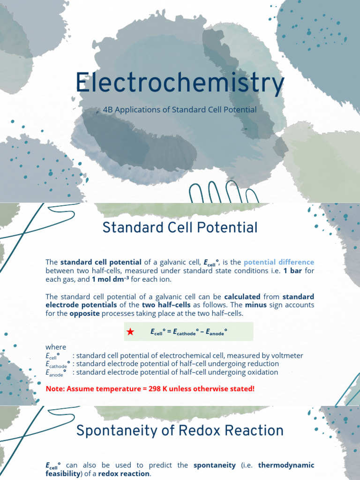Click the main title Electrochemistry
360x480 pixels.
click(x=180, y=83)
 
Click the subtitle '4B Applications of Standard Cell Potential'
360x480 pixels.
click(x=180, y=110)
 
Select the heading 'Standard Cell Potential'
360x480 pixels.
click(x=180, y=228)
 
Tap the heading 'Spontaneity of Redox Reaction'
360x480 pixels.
click(x=180, y=430)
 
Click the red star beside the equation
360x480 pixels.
click(x=130, y=332)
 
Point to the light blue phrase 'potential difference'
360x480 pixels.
click(x=279, y=262)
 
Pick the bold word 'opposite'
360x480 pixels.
click(x=84, y=314)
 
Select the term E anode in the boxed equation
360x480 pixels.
click(x=217, y=332)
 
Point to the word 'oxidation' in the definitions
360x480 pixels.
click(x=261, y=372)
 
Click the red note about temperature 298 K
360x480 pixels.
click(x=150, y=389)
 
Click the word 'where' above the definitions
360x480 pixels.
click(x=56, y=347)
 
